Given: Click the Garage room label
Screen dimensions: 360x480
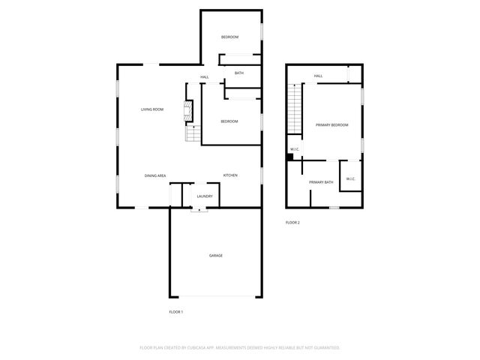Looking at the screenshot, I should pos(215,255).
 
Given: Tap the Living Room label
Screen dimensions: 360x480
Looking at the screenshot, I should pos(152,109).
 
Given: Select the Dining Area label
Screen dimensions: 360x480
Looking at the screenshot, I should pos(155,175).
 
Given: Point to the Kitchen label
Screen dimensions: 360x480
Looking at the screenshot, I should pos(230,175).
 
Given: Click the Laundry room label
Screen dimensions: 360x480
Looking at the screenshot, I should pos(204,196).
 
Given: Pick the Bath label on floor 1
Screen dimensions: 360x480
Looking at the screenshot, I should pos(238,73).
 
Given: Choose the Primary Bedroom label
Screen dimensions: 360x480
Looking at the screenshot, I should pos(331,124).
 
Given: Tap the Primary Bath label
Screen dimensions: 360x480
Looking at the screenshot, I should pos(321,182).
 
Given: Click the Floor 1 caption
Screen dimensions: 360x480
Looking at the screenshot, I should pos(175,311).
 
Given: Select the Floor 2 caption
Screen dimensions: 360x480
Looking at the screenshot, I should pos(292,223).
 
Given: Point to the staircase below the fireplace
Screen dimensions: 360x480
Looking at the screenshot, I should pos(193,133).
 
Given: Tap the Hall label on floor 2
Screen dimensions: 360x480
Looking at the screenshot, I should pos(318,76).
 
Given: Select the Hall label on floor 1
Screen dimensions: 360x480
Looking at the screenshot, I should pos(204,77).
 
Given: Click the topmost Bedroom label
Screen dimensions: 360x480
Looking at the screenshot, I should pos(229,37).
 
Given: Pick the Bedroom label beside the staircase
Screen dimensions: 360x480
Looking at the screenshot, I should pos(229,121).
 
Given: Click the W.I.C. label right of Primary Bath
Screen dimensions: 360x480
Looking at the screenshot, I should pos(350,178).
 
